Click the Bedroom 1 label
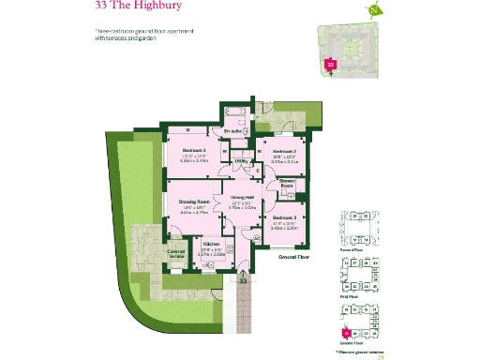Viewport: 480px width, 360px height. (x=194, y=150)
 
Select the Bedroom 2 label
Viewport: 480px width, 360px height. (x=283, y=151)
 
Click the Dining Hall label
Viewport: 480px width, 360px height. (x=243, y=198)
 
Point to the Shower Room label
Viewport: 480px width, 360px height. (x=287, y=185)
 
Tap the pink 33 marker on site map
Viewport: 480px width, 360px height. (x=329, y=64)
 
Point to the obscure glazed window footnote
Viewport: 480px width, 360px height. (x=360, y=348)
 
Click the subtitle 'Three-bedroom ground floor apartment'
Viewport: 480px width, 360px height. (x=144, y=32)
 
